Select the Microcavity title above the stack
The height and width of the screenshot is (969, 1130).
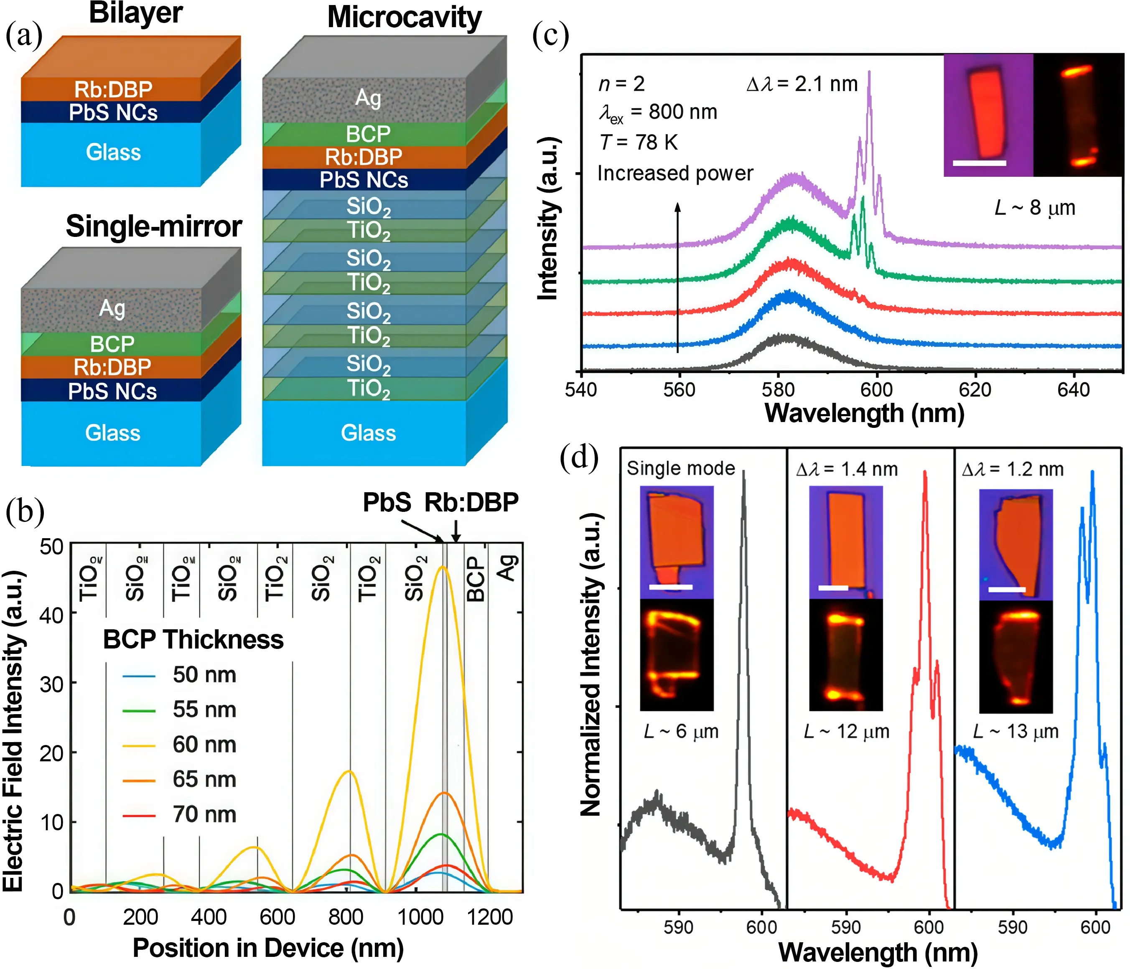(404, 18)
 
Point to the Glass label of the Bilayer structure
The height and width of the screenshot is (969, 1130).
(113, 152)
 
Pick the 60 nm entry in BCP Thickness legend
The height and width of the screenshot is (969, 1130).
(204, 744)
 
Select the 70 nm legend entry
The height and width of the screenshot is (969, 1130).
(204, 814)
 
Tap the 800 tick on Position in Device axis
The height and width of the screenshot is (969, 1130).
(346, 917)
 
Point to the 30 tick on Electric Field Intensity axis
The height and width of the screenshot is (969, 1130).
(52, 684)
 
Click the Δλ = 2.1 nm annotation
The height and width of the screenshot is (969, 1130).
(802, 84)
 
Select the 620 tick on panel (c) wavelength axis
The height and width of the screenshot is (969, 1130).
(975, 389)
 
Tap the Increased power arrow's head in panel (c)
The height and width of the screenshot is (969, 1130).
(678, 206)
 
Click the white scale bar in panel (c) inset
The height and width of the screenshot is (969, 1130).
(980, 163)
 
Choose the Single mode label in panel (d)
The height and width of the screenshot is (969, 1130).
(681, 468)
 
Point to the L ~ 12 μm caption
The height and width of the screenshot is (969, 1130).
(846, 731)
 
